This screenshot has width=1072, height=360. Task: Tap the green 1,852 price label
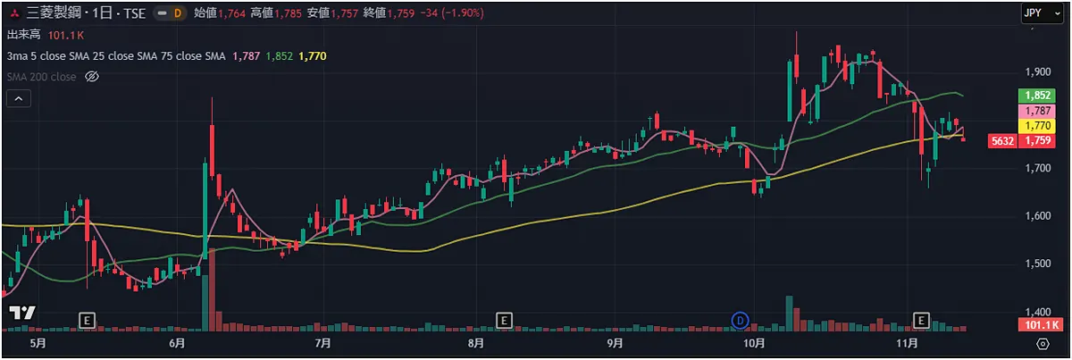click(x=1036, y=96)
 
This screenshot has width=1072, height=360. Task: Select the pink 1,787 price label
click(x=1036, y=111)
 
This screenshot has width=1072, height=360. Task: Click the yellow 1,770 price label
click(x=1036, y=126)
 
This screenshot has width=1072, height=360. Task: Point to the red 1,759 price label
click(x=1036, y=141)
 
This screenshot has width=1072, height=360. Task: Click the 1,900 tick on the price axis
click(x=1038, y=71)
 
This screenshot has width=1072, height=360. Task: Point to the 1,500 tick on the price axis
click(x=1038, y=264)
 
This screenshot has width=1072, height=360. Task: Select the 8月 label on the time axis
click(x=475, y=343)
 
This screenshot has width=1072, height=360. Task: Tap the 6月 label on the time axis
click(x=176, y=343)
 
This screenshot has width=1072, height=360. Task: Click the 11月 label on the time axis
click(x=907, y=343)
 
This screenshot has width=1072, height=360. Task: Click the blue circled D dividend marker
click(x=740, y=319)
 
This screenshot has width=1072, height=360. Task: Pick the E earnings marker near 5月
click(x=88, y=319)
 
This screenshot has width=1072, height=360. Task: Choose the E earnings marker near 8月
click(x=504, y=319)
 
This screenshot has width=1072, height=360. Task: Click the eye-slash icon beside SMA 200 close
click(x=90, y=77)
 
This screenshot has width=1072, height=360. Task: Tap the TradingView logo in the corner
click(x=21, y=313)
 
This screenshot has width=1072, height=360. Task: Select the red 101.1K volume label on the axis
click(x=1036, y=325)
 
